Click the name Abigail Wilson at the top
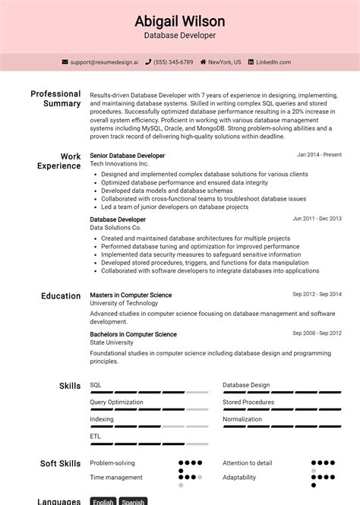180,21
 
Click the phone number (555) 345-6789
174,62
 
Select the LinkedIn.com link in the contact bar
273,62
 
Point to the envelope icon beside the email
65,62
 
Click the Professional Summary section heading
55,99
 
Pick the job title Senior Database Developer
127,156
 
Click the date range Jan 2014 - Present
319,155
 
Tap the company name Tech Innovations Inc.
119,164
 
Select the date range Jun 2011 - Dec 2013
317,219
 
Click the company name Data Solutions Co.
115,228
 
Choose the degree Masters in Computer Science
131,295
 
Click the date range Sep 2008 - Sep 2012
317,333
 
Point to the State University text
111,342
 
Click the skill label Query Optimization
116,402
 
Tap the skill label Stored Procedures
248,402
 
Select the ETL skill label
95,437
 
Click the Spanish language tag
133,501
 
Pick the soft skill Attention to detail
247,462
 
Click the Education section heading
61,296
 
